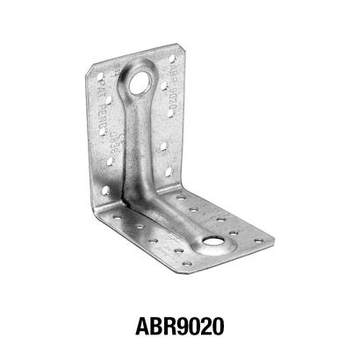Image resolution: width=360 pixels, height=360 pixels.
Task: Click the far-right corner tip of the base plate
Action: [x=277, y=243]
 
